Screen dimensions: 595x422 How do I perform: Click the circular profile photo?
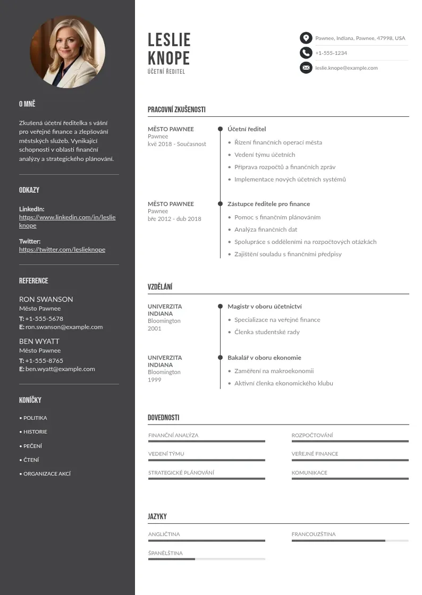coord(67,51)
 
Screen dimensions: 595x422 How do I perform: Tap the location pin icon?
coord(306,38)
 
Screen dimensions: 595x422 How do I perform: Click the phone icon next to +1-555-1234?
coord(306,53)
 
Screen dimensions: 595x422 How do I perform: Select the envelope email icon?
coord(306,67)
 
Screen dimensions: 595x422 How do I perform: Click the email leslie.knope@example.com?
coord(346,68)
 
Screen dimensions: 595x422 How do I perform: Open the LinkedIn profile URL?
coord(67,221)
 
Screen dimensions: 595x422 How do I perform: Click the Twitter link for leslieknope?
coord(62,250)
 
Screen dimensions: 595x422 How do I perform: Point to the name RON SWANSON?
coord(46,299)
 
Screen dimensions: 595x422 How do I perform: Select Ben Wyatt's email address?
coord(60,369)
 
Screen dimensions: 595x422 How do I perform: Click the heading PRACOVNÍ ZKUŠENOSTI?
coord(176,110)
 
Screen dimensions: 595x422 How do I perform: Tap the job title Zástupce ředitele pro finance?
coord(268,204)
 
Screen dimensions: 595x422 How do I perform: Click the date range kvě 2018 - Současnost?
coord(176,144)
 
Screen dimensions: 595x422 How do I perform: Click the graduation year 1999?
coord(154,380)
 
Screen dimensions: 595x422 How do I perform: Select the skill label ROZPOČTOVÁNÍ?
coord(312,436)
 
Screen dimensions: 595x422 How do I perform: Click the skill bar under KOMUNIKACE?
coord(350,479)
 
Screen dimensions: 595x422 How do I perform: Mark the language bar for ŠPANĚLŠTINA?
coord(206,559)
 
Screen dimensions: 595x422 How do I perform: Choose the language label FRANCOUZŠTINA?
coord(314,534)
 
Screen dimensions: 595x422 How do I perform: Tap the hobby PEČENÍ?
coord(32,446)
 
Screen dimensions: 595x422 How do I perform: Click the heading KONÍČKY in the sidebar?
coord(30,400)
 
